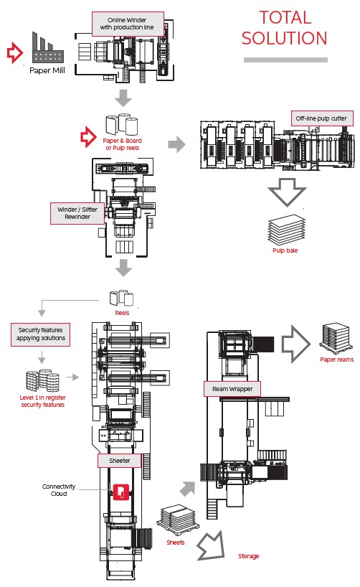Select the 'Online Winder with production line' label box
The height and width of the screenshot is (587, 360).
(128, 24)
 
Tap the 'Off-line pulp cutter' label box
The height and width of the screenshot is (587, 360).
(322, 118)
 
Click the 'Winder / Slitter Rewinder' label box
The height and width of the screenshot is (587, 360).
(77, 213)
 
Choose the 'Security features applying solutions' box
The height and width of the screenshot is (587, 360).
(40, 334)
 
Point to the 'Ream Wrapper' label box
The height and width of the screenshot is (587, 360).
(232, 389)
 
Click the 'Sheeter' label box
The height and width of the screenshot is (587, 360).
(119, 461)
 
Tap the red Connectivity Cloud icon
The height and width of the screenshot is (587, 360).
(121, 492)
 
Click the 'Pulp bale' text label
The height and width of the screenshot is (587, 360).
(285, 250)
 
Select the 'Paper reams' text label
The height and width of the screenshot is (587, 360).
(337, 360)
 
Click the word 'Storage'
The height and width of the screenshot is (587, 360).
(248, 556)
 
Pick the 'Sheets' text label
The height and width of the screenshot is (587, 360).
(176, 542)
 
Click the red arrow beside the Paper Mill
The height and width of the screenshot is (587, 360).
(15, 52)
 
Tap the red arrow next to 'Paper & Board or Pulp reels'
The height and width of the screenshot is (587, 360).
(88, 136)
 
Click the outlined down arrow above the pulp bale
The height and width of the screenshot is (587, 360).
(287, 192)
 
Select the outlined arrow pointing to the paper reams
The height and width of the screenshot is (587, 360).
(295, 344)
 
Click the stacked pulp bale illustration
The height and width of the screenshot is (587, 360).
(287, 229)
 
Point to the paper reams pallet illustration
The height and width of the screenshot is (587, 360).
(335, 339)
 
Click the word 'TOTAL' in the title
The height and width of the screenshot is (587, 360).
(285, 18)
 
